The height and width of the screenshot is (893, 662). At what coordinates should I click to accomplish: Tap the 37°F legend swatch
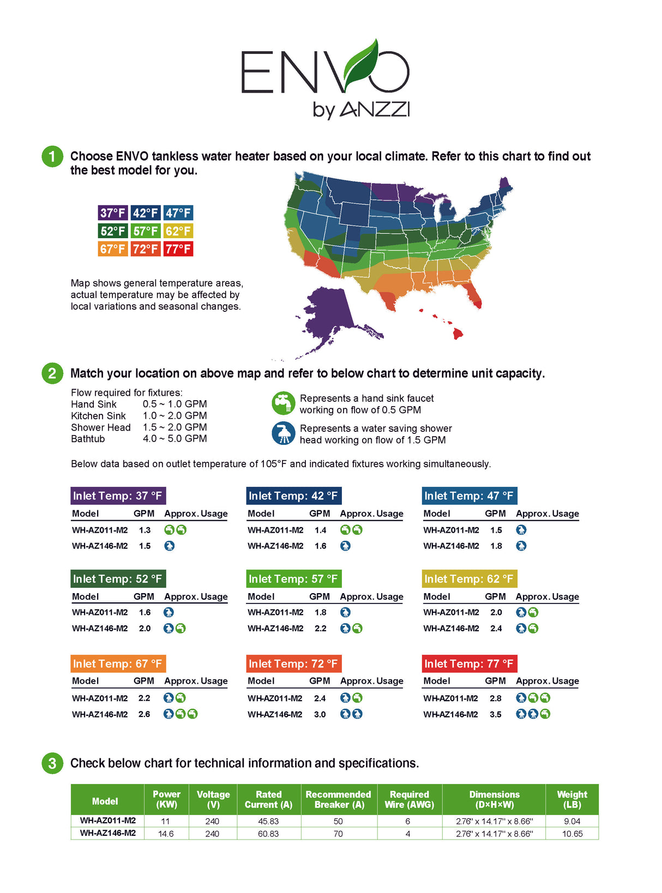coord(113,213)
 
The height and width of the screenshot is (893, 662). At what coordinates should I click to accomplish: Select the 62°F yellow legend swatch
coord(178,231)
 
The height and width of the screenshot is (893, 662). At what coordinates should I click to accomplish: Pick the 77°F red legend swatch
coord(178,249)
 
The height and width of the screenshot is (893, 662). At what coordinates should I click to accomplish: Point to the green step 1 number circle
coord(52,156)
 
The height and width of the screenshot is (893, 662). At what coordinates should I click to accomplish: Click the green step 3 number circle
coord(52,763)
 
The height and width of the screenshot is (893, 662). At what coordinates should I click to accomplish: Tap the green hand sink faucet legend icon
coord(283,403)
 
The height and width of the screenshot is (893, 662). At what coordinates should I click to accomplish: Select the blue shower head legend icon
coord(283,433)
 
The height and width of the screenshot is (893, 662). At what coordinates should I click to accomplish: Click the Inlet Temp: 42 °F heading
coord(293,496)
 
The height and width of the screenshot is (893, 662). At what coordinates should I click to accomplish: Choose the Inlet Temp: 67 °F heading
coord(118,663)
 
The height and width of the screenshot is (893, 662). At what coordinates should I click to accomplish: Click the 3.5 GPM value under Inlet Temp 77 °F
coord(495,714)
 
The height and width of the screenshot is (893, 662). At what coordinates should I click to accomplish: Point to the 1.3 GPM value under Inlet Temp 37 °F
coord(145,530)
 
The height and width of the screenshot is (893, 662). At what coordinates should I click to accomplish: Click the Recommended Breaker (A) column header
coord(338,799)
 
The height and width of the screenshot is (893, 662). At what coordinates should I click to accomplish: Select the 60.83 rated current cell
coord(268,834)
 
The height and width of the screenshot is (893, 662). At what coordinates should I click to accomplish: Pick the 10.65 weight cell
coord(572,834)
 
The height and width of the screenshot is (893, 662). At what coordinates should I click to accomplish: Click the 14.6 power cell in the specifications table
coord(166,834)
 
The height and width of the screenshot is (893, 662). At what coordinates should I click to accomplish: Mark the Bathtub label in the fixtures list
coord(88,439)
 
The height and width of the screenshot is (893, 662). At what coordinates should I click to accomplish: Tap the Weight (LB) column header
coord(572,799)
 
